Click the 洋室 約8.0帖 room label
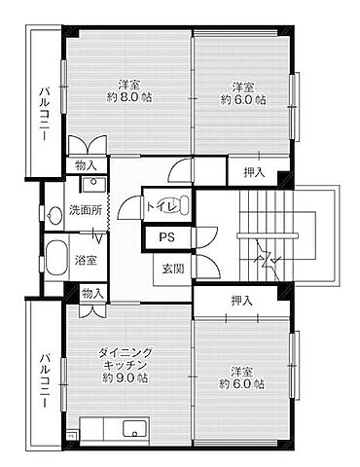[x=128, y=90]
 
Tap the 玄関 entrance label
[x=171, y=269]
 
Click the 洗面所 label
[x=85, y=209]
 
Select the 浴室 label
[x=87, y=259]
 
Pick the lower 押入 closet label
[x=241, y=302]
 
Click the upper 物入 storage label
[x=87, y=166]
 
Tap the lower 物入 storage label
[x=91, y=292]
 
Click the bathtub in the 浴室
[x=54, y=259]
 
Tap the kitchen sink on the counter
[x=130, y=429]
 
